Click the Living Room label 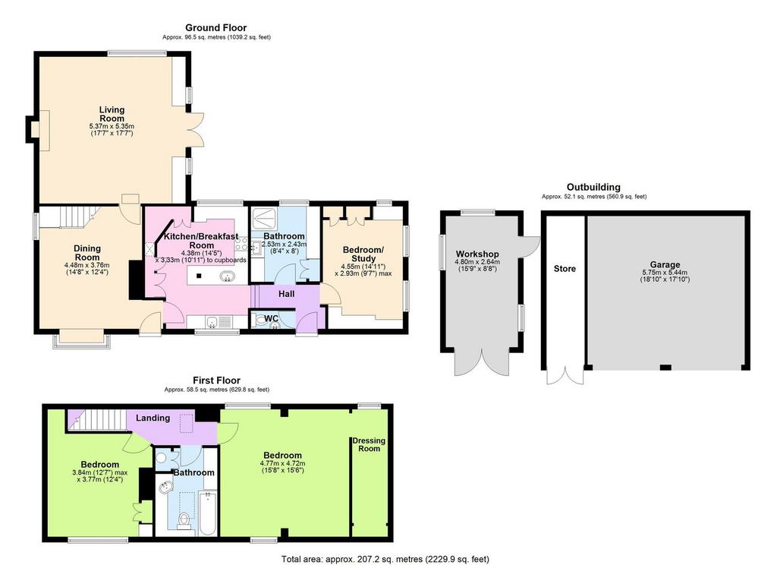(x=112, y=114)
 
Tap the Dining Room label (x=87, y=252)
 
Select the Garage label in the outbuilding (x=665, y=265)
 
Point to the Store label (x=565, y=268)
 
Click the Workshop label (x=477, y=254)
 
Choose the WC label (x=271, y=318)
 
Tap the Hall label (x=286, y=294)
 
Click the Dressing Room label (x=369, y=444)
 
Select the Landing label (x=153, y=418)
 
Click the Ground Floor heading (x=216, y=28)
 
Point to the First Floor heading (x=216, y=380)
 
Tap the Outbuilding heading (x=593, y=187)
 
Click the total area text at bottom (x=385, y=559)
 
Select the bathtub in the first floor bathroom (x=208, y=513)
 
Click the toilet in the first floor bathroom (x=184, y=521)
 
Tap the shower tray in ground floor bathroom (x=264, y=218)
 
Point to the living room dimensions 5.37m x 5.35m (x=112, y=130)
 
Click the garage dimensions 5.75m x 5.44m (x=665, y=276)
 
